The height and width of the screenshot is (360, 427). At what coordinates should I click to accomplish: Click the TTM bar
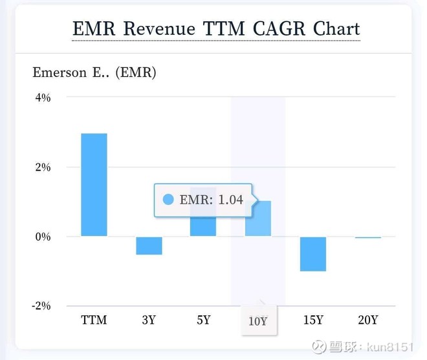coord(94,184)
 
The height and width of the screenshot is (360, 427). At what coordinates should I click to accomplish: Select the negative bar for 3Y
coord(149,246)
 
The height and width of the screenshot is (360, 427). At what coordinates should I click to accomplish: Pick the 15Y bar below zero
coord(313,254)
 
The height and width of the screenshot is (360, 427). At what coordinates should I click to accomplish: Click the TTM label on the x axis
coord(94,320)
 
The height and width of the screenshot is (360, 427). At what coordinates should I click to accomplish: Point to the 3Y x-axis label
coord(149,320)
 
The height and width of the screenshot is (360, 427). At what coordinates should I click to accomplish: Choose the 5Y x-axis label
coord(203,320)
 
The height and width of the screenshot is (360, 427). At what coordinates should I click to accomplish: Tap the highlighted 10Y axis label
coord(258,321)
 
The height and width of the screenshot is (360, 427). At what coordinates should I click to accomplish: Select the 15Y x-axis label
coord(313,320)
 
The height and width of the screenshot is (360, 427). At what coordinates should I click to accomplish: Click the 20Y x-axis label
coord(368,320)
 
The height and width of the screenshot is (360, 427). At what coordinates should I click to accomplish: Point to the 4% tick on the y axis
coord(42,98)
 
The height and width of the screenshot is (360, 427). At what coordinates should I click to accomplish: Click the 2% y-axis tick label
coord(42,167)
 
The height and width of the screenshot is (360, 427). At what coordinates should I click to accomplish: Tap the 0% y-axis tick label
coord(42,237)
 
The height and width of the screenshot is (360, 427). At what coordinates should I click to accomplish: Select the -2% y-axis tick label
coord(41,306)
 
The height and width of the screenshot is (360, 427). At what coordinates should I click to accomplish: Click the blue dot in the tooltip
coord(169,200)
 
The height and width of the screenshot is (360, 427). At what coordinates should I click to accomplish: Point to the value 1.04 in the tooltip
coord(230,200)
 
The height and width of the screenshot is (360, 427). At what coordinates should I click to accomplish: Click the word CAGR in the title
coord(279,29)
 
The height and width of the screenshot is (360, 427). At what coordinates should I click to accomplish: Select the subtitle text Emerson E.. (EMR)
coord(94,72)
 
